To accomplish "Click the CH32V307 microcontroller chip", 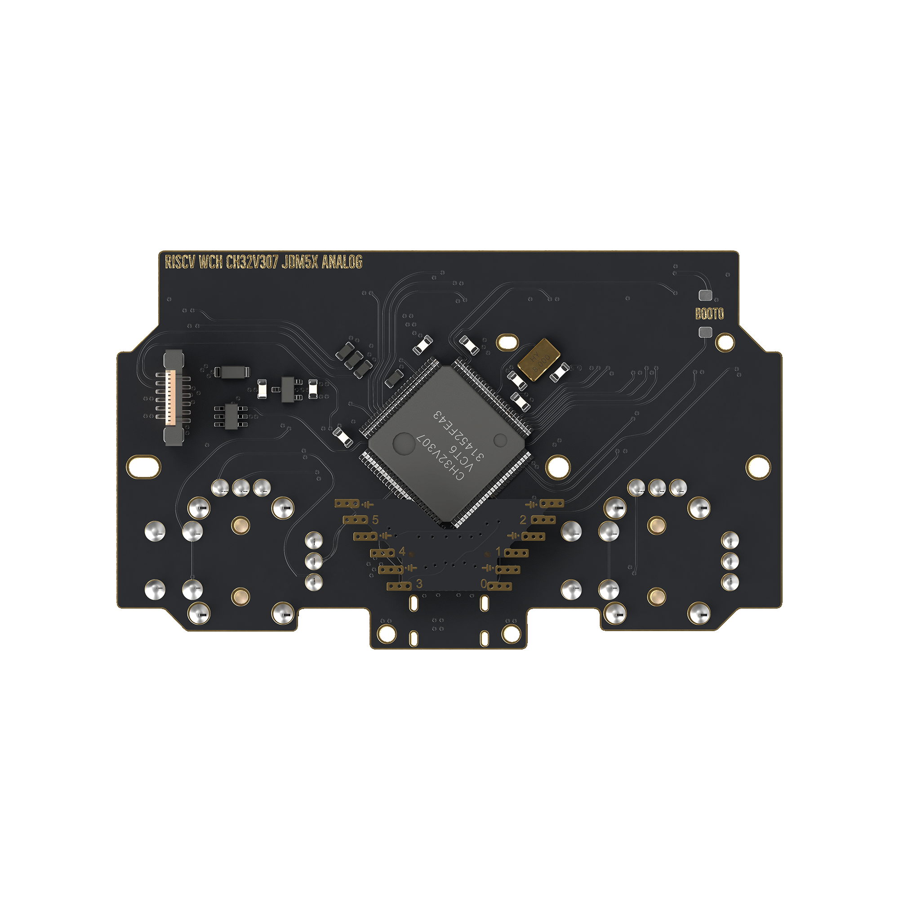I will [447, 445].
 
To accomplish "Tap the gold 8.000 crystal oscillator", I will [540, 359].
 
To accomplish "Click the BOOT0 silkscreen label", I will [709, 314].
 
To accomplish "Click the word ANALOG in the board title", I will [342, 262].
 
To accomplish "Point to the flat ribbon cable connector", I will [173, 398].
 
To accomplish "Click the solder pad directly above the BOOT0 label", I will [705, 295].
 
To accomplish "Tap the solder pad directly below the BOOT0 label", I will [705, 332].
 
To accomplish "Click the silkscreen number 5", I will [375, 520].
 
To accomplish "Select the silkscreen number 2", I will [523, 520].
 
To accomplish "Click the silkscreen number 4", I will [402, 552].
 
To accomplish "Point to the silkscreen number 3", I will [419, 583].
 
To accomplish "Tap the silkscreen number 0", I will [484, 583].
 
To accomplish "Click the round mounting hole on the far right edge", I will [758, 467].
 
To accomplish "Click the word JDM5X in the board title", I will [300, 262].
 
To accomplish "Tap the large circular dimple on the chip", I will [404, 444].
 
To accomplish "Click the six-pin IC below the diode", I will [231, 415].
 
